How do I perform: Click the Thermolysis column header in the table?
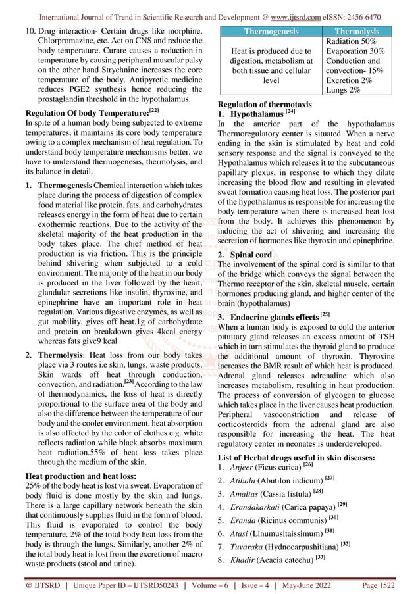(x=357, y=31)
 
